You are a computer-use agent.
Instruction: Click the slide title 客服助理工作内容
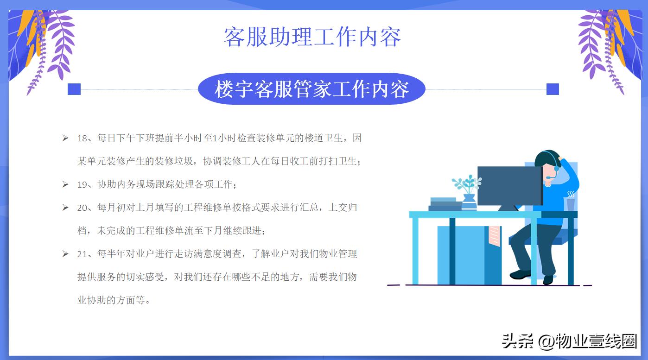point(312,37)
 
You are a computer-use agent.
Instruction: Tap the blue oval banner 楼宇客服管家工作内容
point(311,89)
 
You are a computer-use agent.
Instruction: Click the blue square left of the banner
point(74,89)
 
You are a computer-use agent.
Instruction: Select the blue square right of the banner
point(553,89)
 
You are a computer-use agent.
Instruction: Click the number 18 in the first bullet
point(82,138)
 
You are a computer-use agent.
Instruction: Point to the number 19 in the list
point(82,184)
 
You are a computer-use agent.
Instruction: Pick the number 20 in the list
point(82,208)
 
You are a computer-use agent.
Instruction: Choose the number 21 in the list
point(82,254)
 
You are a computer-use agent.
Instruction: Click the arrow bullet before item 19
point(65,184)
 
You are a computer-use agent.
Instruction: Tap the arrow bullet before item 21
point(65,254)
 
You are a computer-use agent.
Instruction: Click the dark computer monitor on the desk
point(509,185)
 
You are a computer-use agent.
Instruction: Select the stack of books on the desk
point(445,204)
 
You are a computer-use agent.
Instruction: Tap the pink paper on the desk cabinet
point(494,235)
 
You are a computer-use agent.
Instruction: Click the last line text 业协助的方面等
point(114,300)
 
